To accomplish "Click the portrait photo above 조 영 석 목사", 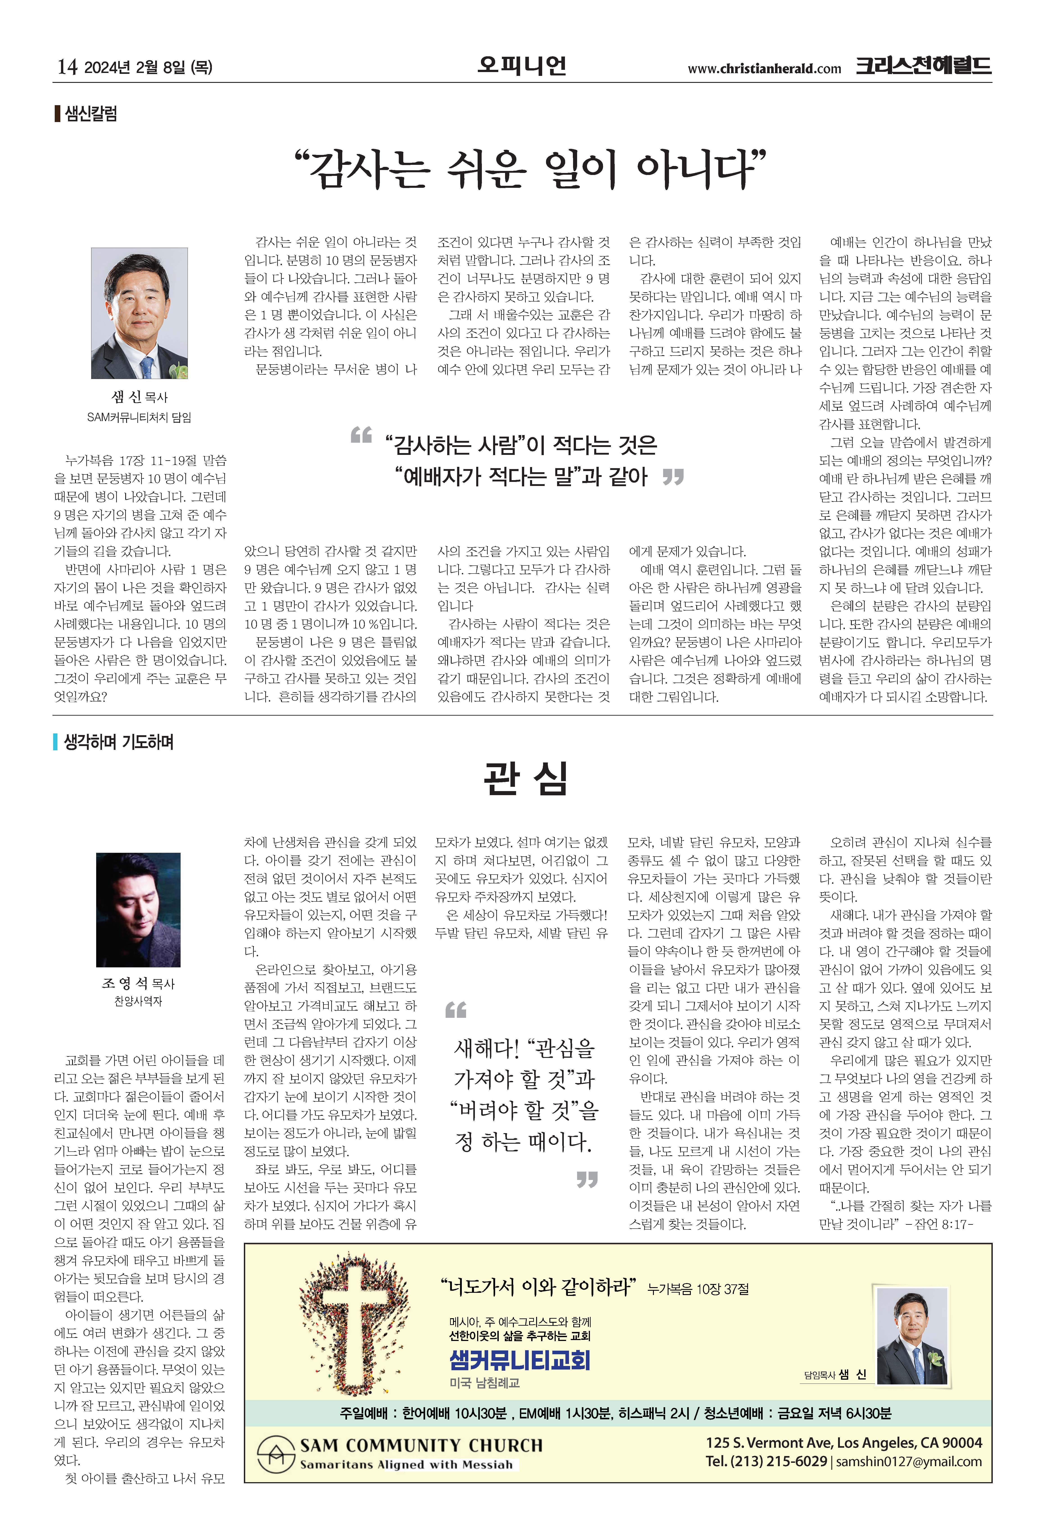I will coord(138,909).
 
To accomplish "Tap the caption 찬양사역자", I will coord(138,1001).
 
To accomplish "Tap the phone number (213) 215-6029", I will coord(778,1461).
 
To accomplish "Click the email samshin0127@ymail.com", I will coord(909,1461).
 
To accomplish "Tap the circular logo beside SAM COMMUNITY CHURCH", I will coord(275,1453).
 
